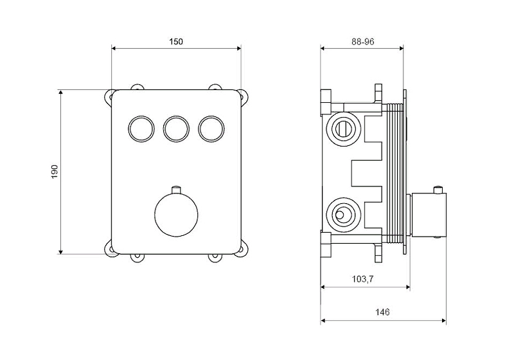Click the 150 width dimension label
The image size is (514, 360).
(x=176, y=42)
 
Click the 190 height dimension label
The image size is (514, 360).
(x=55, y=172)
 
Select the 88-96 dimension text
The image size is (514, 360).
(x=363, y=42)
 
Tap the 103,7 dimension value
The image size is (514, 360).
(x=363, y=279)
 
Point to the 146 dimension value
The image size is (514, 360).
(x=382, y=312)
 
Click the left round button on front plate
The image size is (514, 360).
(x=141, y=129)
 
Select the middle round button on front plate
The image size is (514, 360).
(x=176, y=129)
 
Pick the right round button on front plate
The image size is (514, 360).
(x=211, y=129)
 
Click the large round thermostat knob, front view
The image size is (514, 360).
(x=176, y=215)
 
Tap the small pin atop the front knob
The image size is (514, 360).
(x=176, y=189)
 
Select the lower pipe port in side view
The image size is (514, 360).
(x=344, y=215)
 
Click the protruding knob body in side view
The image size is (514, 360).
(x=429, y=215)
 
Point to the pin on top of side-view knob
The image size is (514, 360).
(x=438, y=190)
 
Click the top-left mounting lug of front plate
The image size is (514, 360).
(x=109, y=97)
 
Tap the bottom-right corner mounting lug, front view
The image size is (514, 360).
(x=244, y=247)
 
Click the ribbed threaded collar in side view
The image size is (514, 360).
(x=394, y=173)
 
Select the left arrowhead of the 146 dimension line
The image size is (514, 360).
(x=323, y=321)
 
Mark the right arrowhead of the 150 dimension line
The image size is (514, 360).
(x=238, y=48)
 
